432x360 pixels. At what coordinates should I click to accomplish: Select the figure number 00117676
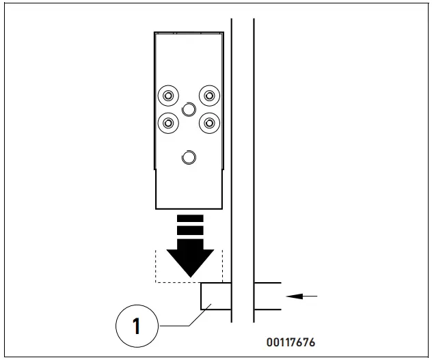[x=292, y=342]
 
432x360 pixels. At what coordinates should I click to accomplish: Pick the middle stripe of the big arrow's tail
[x=190, y=228]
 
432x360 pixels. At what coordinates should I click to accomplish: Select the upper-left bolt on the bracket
[x=168, y=94]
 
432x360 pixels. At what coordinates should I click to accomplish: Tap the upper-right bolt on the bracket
[x=208, y=94]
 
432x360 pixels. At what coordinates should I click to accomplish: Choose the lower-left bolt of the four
[x=168, y=123]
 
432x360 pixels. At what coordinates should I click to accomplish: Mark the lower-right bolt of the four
[x=208, y=123]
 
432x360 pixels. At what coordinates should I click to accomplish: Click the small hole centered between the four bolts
[x=189, y=109]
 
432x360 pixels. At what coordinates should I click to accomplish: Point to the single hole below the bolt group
[x=189, y=157]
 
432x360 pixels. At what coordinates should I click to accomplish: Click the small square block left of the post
[x=215, y=296]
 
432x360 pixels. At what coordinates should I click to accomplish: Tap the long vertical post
[x=243, y=171]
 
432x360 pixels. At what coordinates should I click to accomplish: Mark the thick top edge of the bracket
[x=189, y=32]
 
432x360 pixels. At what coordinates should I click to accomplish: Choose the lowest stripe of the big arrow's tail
[x=190, y=238]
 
